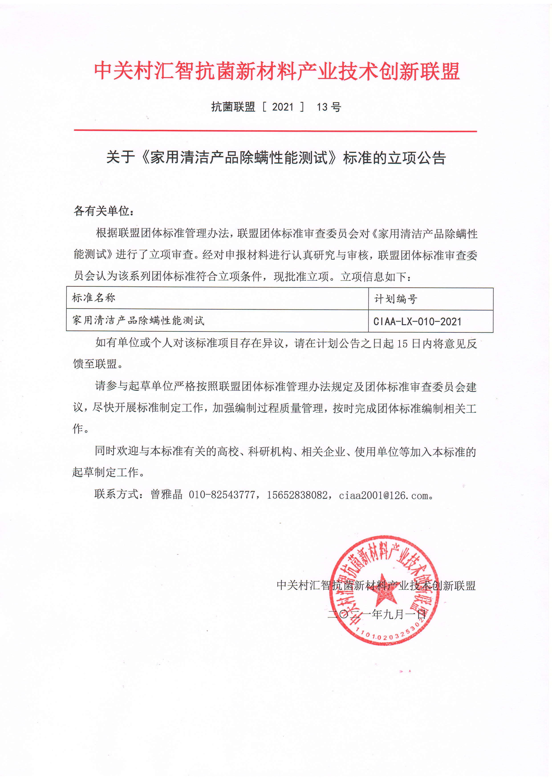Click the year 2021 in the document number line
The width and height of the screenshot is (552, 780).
pyautogui.click(x=282, y=107)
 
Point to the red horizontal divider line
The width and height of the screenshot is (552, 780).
pyautogui.click(x=275, y=131)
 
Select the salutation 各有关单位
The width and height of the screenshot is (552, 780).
pyautogui.click(x=104, y=211)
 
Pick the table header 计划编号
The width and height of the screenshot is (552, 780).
pyautogui.click(x=396, y=299)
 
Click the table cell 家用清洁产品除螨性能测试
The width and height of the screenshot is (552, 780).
pyautogui.click(x=138, y=320)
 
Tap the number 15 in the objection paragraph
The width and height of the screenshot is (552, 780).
pyautogui.click(x=402, y=343)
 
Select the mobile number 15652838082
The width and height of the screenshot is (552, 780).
pyautogui.click(x=297, y=495)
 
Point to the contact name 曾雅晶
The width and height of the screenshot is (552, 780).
pyautogui.click(x=166, y=494)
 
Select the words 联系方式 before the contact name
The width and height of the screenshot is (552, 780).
pyautogui.click(x=117, y=494)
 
